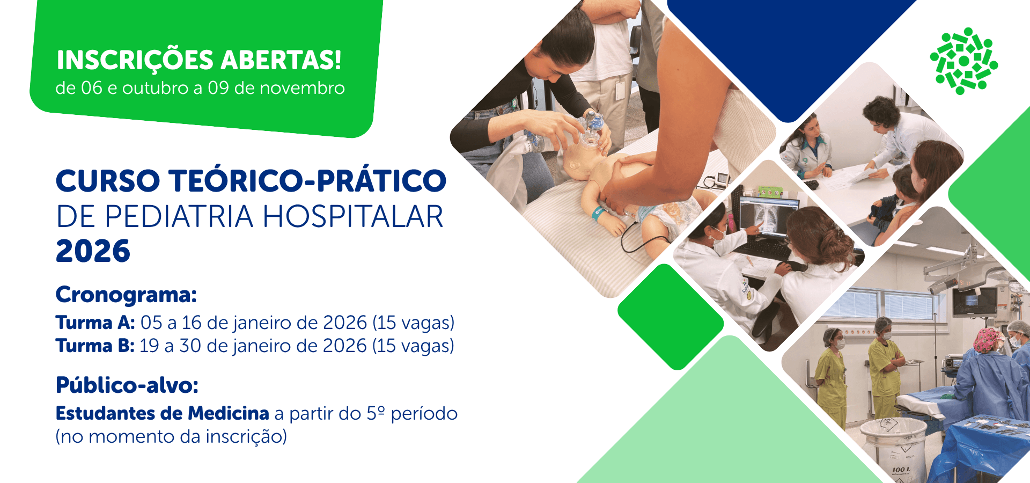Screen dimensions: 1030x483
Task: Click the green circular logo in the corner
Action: (964, 61)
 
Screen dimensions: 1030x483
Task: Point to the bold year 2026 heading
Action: (93, 251)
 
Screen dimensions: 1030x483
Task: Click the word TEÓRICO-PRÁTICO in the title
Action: (308, 180)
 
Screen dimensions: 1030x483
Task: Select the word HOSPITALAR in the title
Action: (352, 217)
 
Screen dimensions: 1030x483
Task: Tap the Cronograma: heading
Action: (126, 295)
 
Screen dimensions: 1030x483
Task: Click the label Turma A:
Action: (95, 323)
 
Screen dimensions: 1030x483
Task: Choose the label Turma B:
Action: (95, 346)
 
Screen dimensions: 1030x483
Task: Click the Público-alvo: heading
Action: (127, 385)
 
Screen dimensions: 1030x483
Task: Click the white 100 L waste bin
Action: (893, 448)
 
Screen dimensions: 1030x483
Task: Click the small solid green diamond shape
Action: (671, 317)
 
